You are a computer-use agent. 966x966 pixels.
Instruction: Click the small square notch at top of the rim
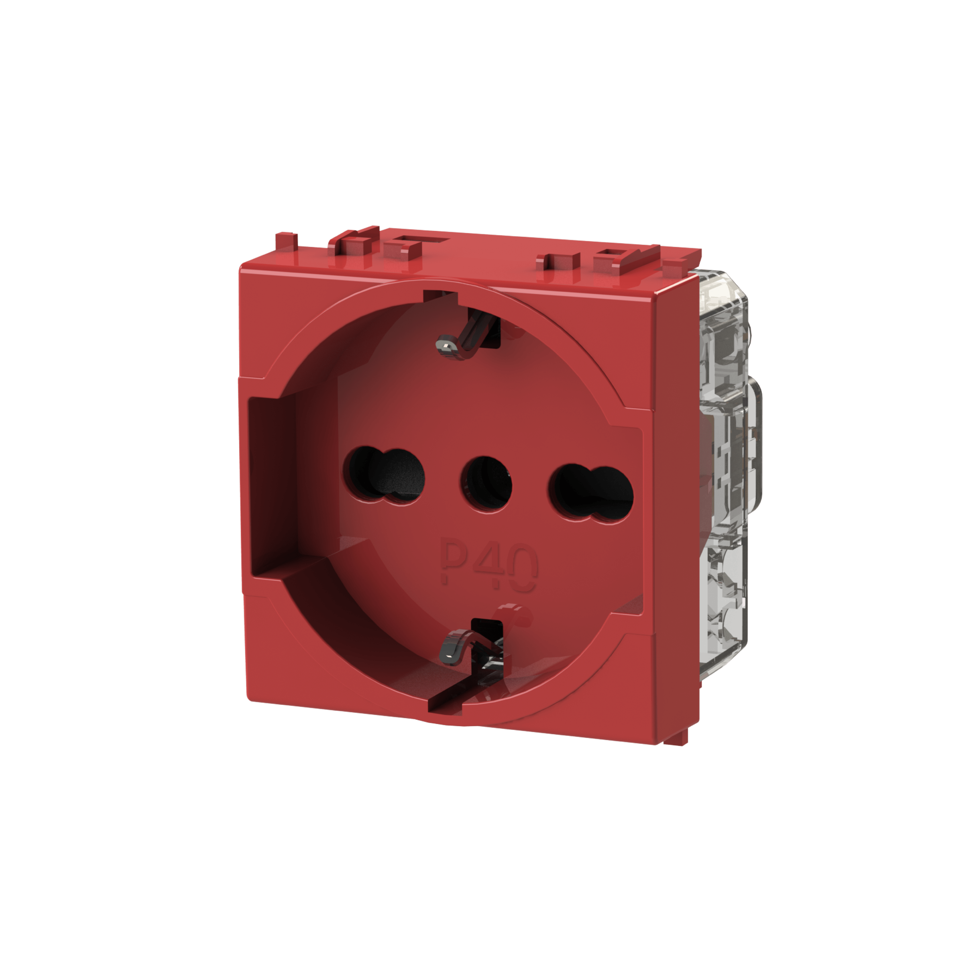[x=440, y=296]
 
